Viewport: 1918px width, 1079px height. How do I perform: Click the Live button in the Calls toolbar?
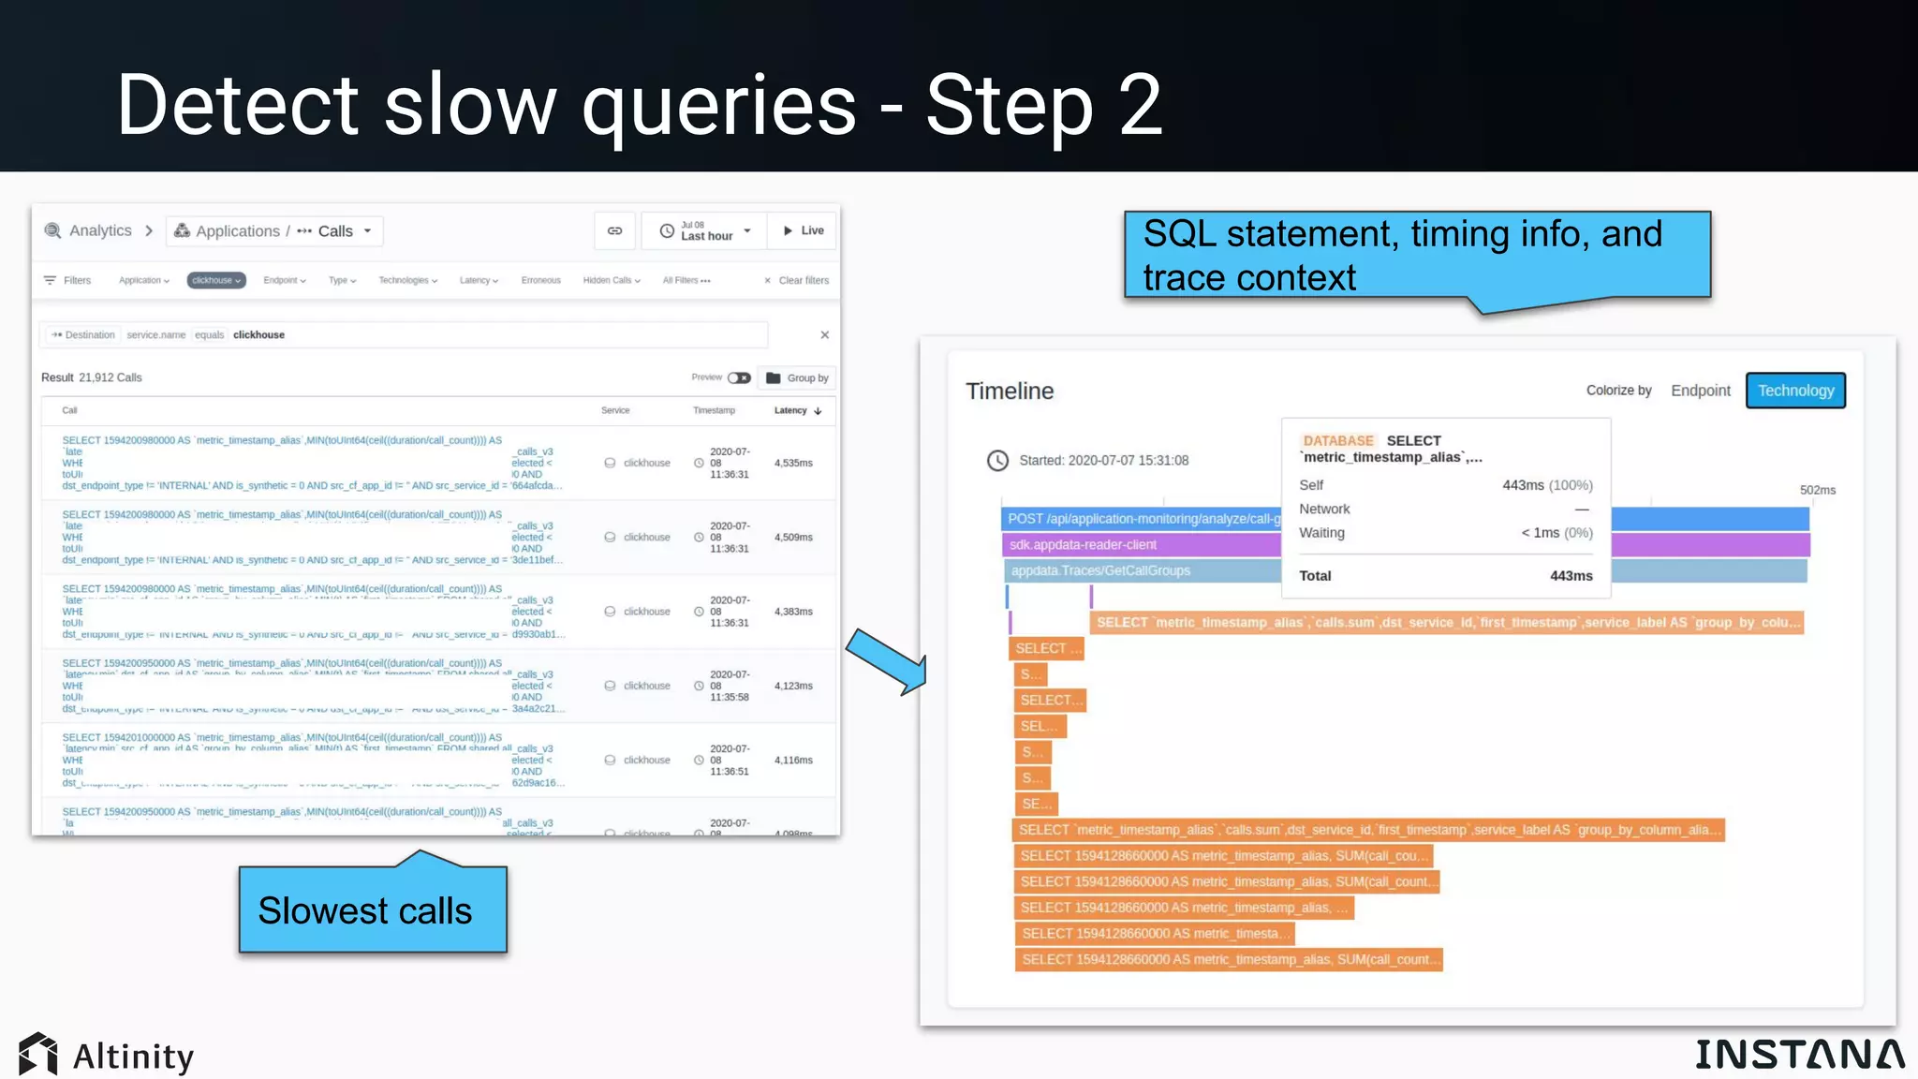(x=804, y=230)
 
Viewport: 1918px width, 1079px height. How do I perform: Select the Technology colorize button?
(x=1795, y=391)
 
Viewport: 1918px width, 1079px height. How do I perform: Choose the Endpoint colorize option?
(x=1700, y=391)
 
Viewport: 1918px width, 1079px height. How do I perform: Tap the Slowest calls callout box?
(x=373, y=909)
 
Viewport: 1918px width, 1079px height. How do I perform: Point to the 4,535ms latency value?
(x=793, y=463)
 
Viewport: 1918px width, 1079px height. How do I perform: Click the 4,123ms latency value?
(x=793, y=686)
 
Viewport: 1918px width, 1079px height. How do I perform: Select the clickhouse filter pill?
(x=216, y=280)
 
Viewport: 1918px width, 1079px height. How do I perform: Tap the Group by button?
(x=798, y=378)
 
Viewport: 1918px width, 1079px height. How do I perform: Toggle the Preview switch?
(x=739, y=377)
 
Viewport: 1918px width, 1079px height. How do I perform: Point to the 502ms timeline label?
(x=1817, y=490)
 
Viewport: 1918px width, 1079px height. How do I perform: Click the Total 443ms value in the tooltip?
(x=1571, y=576)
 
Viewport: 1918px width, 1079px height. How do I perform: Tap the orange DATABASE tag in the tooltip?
(x=1337, y=440)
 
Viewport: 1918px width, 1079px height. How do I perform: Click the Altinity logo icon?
(x=37, y=1055)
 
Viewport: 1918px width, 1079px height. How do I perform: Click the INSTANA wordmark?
(x=1798, y=1055)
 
